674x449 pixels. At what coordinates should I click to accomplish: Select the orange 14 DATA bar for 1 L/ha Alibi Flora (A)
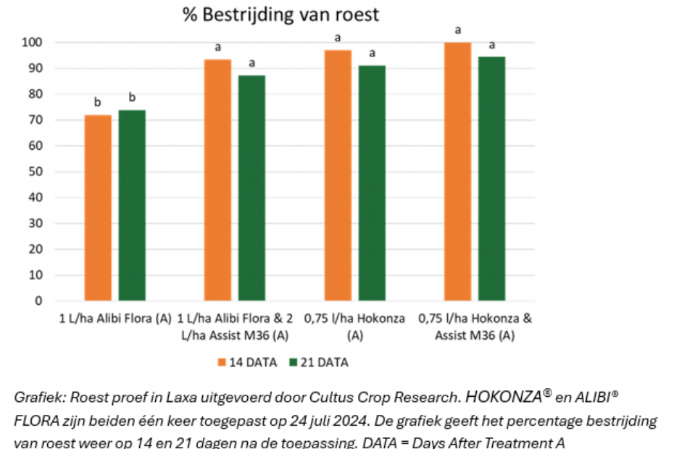(x=98, y=208)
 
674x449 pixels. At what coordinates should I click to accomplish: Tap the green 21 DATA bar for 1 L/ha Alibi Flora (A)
(x=132, y=206)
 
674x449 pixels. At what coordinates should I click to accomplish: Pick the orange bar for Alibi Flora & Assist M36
(x=217, y=180)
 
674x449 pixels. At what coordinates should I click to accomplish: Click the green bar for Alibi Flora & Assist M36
(x=251, y=188)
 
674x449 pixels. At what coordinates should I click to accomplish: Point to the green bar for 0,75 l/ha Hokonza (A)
(x=372, y=183)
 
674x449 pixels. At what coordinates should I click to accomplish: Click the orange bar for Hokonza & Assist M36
(x=457, y=172)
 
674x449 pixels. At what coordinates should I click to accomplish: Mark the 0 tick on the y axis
(x=40, y=301)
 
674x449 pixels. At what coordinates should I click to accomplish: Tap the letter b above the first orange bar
(x=98, y=102)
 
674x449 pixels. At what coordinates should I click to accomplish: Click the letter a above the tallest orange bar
(x=457, y=30)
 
